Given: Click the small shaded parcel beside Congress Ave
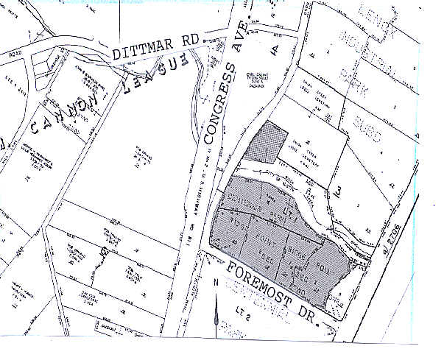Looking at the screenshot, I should (x=269, y=143).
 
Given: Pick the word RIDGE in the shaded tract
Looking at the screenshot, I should (x=295, y=250).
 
